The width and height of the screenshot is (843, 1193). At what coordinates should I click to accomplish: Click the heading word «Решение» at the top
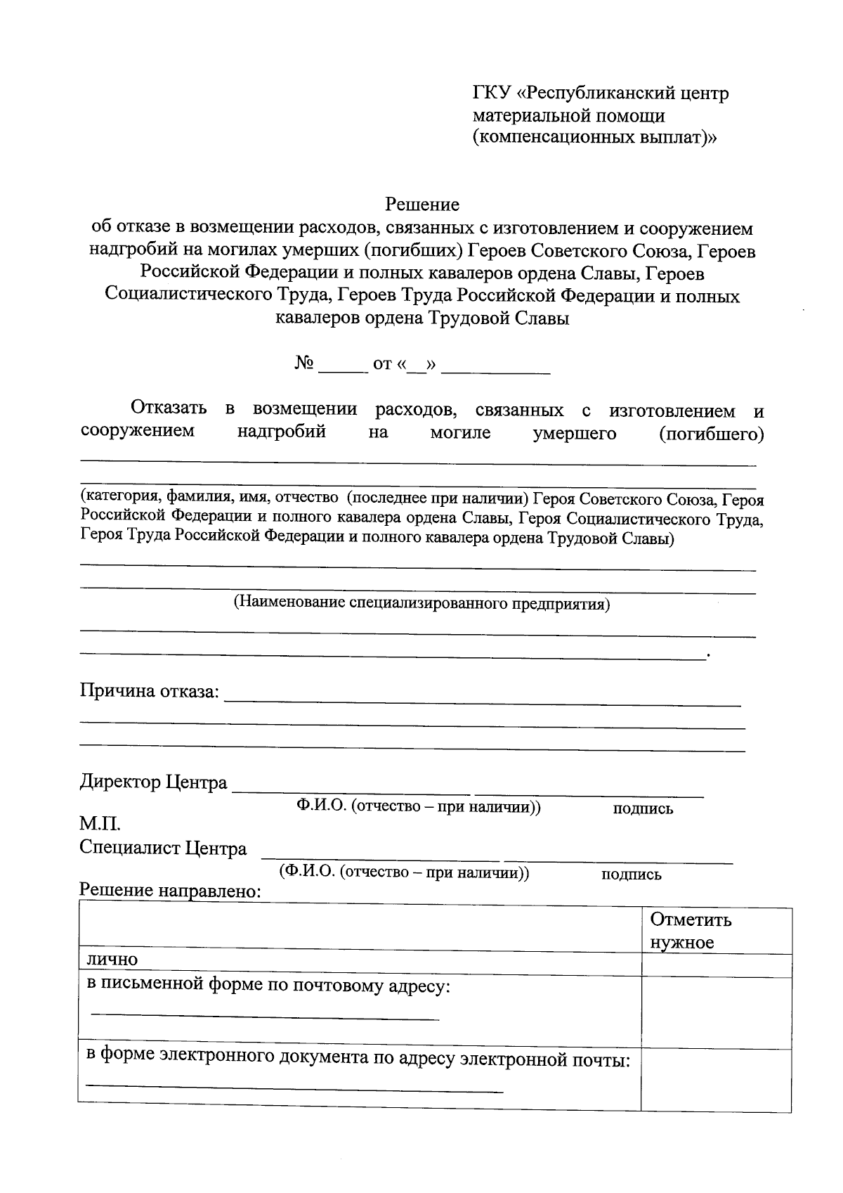421,205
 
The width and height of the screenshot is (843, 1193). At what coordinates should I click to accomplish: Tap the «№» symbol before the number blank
303,363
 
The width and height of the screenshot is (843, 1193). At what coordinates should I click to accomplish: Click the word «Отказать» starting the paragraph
169,409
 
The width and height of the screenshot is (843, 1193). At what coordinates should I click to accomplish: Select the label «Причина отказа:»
150,691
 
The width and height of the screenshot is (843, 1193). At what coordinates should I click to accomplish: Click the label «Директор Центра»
153,782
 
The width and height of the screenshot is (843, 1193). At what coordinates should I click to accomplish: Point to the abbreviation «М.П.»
100,823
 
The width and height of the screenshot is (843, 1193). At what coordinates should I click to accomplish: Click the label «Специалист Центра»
163,849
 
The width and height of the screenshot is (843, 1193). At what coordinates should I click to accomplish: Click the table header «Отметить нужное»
691,931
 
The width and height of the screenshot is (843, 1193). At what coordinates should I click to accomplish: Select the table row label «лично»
112,960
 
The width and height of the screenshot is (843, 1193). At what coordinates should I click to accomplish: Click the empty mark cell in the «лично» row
716,965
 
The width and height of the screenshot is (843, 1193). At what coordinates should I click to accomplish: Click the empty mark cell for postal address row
716,1012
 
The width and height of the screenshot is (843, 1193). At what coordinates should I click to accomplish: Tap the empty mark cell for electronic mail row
716,1080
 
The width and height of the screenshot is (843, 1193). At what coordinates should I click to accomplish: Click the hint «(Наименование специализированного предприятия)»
421,603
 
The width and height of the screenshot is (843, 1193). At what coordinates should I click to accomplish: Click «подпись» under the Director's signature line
643,808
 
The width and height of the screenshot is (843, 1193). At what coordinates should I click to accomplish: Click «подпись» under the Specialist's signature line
631,875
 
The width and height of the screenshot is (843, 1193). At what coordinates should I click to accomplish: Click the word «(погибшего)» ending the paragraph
711,434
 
